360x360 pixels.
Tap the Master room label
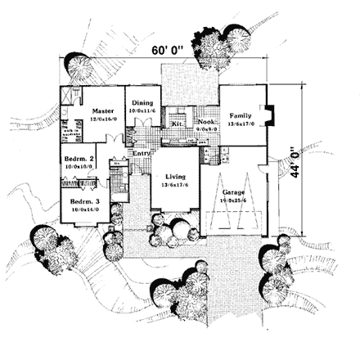click(x=102, y=110)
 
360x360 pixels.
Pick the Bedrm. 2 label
click(x=82, y=159)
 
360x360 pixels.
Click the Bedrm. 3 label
click(x=84, y=202)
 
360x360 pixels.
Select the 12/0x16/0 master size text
click(x=103, y=119)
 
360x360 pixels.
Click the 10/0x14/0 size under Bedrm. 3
click(x=85, y=210)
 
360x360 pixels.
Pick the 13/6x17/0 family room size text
click(x=241, y=124)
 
